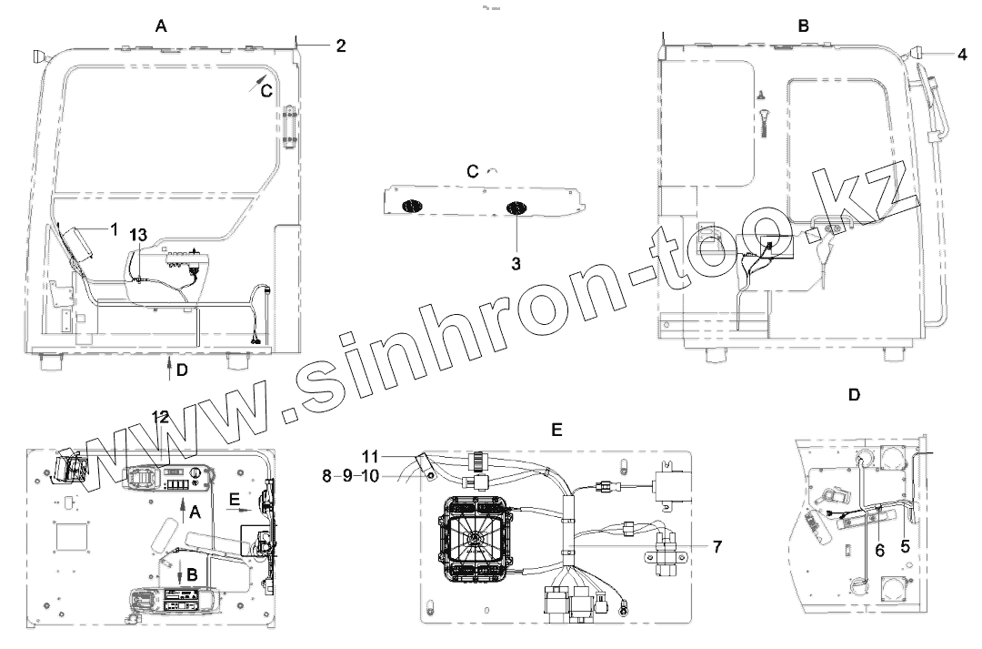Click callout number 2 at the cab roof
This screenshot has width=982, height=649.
341,46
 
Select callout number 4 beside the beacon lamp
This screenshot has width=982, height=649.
963,55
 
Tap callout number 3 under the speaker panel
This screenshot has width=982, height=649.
516,264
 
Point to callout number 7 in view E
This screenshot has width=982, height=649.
717,547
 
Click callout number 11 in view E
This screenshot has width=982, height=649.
370,456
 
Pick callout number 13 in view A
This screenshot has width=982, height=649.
138,235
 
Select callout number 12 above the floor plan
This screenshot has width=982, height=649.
160,416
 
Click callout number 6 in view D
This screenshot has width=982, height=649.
880,551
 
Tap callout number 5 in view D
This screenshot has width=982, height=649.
905,546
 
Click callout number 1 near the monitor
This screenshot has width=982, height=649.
114,229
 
